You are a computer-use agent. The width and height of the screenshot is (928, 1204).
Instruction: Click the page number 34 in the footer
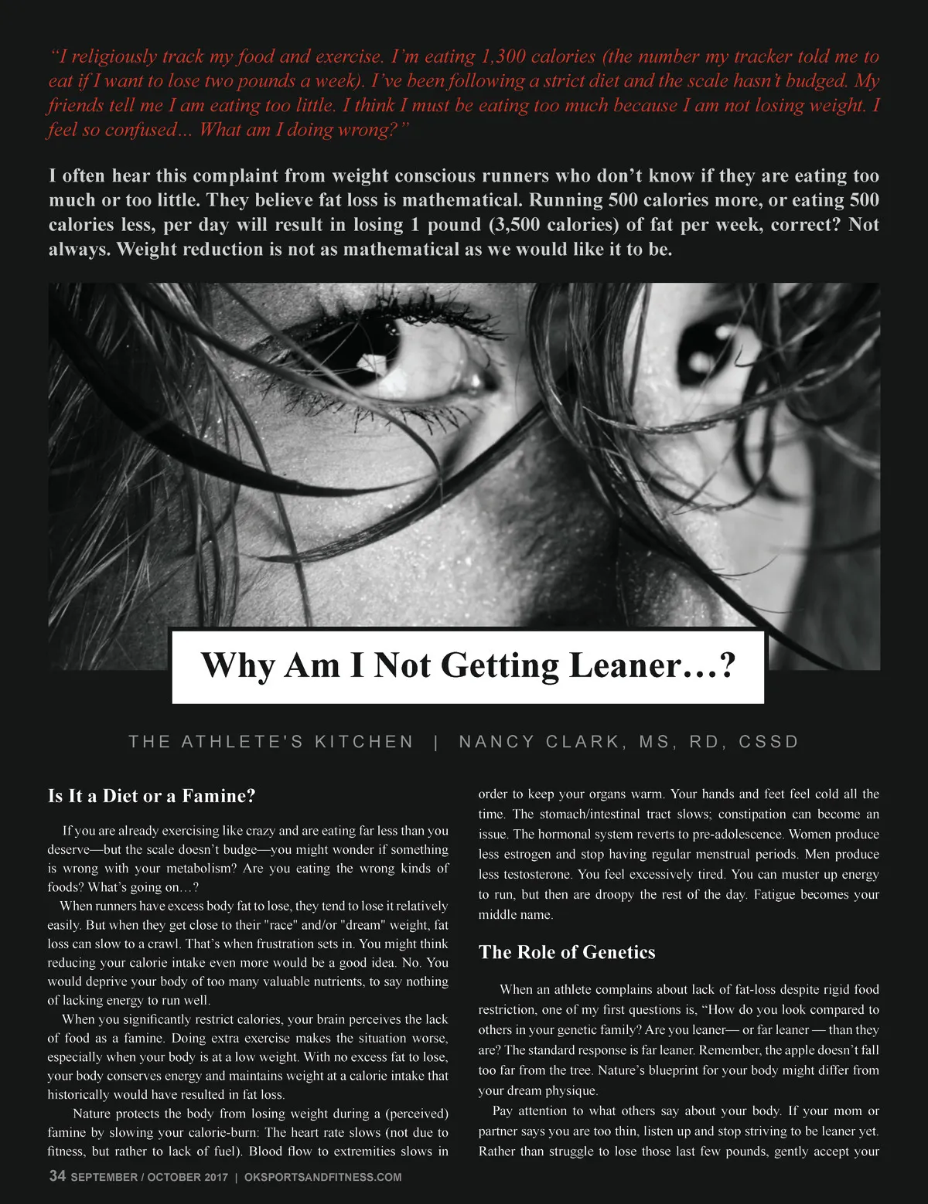(57, 1176)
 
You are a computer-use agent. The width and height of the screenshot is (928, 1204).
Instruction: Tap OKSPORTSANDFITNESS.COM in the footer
(322, 1177)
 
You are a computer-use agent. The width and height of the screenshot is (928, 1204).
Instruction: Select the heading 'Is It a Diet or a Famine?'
(152, 796)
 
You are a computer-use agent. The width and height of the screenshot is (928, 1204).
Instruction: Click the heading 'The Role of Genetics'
(567, 952)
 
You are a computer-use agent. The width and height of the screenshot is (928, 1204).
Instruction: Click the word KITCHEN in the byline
(364, 742)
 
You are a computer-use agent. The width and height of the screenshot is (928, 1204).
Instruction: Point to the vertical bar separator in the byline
(437, 742)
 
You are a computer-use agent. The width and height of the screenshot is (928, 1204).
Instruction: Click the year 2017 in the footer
(211, 1177)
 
